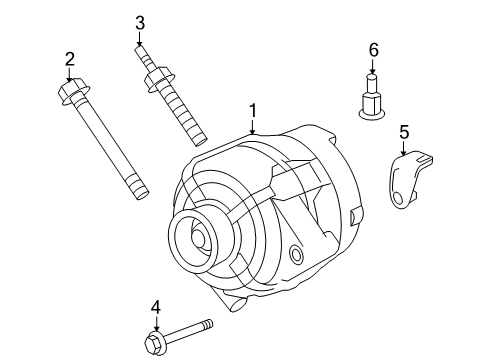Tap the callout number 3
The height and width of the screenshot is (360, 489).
(140, 22)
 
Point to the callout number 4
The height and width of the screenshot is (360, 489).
(155, 307)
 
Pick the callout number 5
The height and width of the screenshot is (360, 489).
(404, 130)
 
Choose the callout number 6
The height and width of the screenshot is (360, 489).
(373, 49)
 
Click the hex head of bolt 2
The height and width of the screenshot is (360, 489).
(73, 95)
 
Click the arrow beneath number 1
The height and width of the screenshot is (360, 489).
(253, 126)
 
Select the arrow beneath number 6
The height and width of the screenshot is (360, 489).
(373, 66)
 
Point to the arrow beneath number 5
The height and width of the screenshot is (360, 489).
(404, 146)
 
